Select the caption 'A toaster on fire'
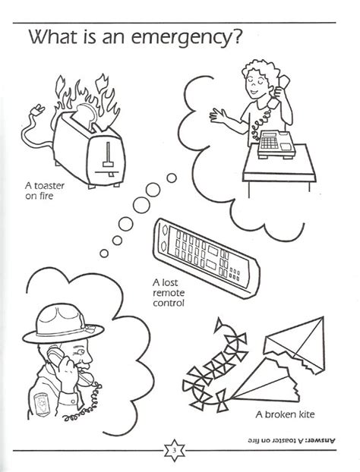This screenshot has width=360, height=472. pos(44,187)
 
